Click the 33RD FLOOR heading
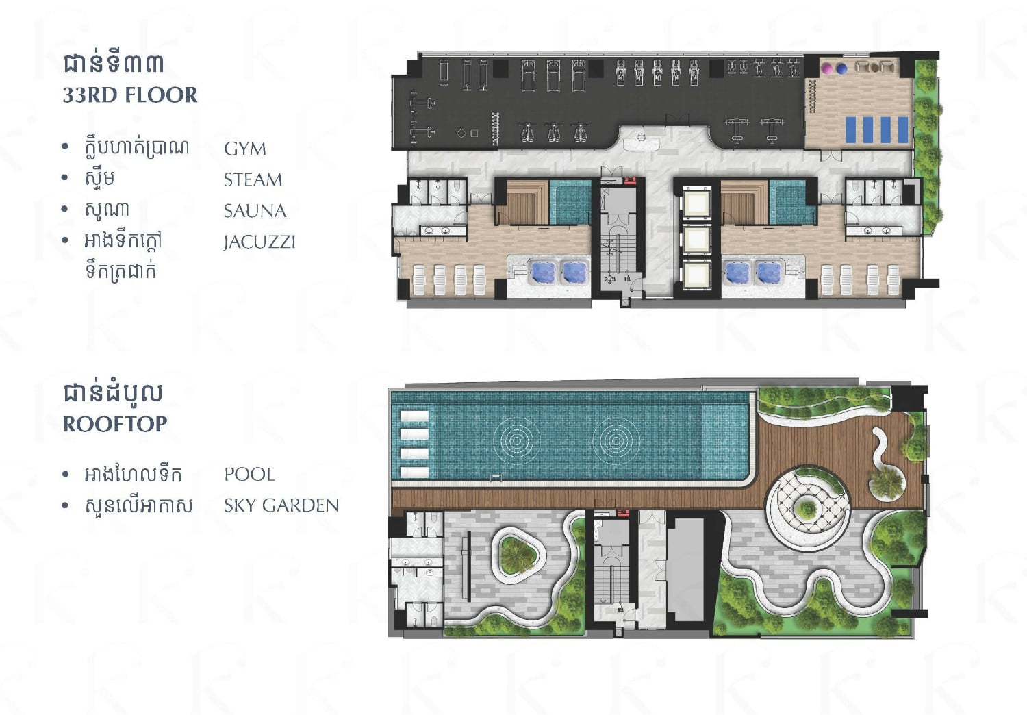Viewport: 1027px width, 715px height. tap(130, 95)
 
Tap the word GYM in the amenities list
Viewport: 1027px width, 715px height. tap(245, 149)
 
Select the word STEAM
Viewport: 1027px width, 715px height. tap(253, 180)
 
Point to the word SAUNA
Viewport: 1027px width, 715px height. tap(255, 211)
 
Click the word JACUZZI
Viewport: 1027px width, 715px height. tap(259, 242)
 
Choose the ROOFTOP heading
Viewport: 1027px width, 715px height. tap(115, 424)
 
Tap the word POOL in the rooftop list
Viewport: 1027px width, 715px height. tap(249, 474)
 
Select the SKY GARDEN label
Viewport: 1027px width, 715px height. tap(281, 505)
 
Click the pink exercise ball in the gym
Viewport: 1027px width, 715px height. tap(828, 68)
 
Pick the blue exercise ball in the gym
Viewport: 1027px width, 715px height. tap(841, 68)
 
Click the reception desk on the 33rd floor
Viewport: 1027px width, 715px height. tap(641, 142)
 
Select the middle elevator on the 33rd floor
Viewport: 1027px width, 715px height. tap(696, 238)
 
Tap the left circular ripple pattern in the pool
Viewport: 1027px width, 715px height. tap(517, 440)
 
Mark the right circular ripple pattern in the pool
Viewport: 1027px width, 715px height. tap(616, 440)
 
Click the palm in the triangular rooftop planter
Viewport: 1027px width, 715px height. tap(518, 555)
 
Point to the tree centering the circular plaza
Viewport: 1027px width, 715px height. tap(806, 508)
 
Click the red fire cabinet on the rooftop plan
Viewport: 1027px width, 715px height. tap(622, 512)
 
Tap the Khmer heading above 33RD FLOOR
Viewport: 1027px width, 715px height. tap(114, 63)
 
